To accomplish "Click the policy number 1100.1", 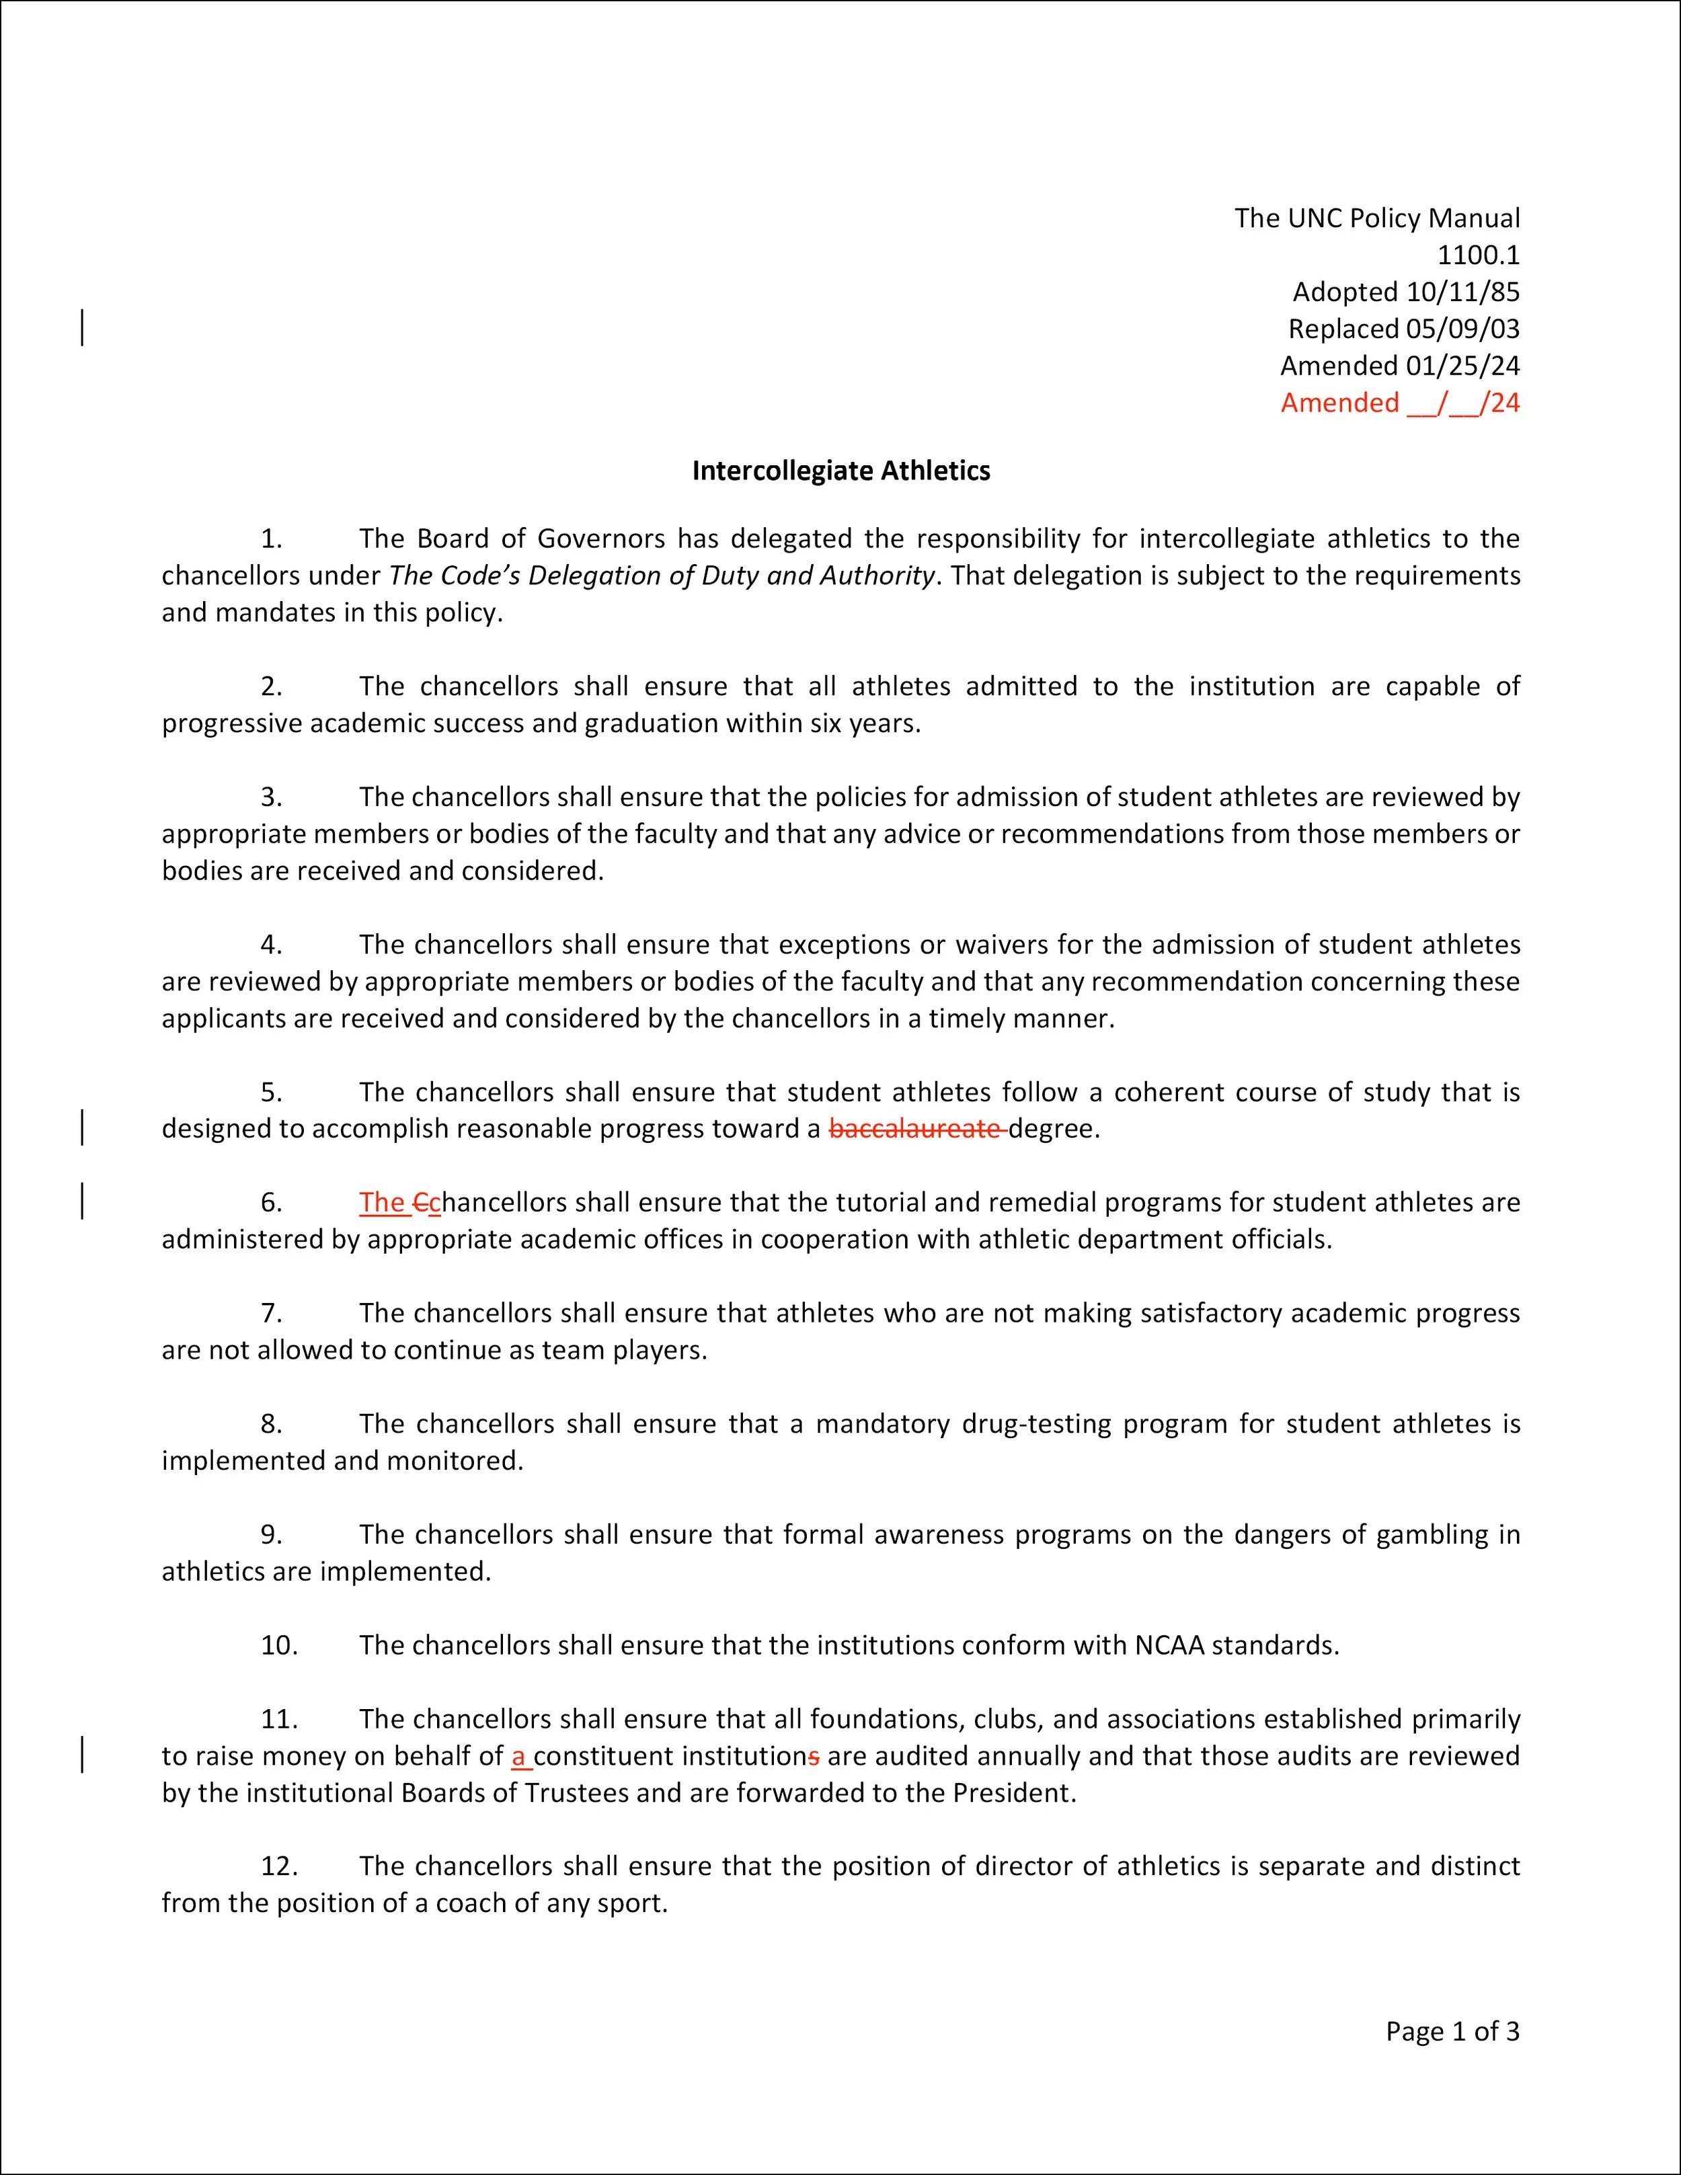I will click(x=1478, y=255).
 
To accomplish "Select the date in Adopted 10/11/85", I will click(x=1462, y=292).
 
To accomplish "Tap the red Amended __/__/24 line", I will click(x=1399, y=402).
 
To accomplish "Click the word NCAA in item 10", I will click(x=1169, y=1645).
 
